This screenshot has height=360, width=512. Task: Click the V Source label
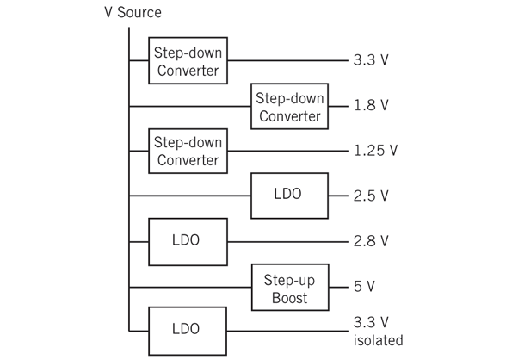click(127, 12)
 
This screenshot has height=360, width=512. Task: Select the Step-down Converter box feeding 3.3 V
click(188, 60)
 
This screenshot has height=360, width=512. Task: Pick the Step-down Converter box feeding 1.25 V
click(188, 151)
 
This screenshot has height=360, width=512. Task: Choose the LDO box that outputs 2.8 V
click(188, 240)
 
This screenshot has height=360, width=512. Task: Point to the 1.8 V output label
click(371, 106)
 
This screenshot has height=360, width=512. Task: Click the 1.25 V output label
click(375, 151)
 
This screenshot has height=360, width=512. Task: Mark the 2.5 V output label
click(371, 196)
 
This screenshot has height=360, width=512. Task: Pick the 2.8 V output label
click(371, 240)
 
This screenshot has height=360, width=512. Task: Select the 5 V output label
click(364, 286)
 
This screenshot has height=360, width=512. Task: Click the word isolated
click(377, 340)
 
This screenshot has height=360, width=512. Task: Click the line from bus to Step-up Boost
click(189, 286)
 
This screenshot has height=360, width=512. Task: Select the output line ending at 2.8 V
click(284, 240)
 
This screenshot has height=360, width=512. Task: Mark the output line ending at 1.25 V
click(284, 151)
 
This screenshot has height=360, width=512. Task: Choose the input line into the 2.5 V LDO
click(189, 196)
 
